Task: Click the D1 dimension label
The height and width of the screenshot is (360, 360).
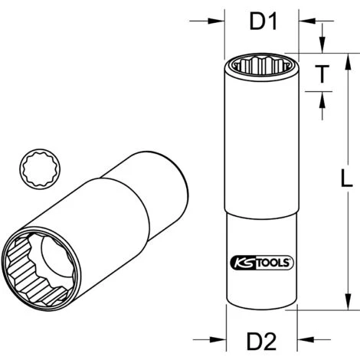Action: click(x=262, y=24)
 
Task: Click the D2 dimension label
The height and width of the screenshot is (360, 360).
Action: click(x=262, y=339)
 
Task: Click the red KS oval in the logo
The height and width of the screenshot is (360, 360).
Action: click(x=243, y=262)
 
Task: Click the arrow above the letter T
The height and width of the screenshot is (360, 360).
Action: click(x=323, y=40)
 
